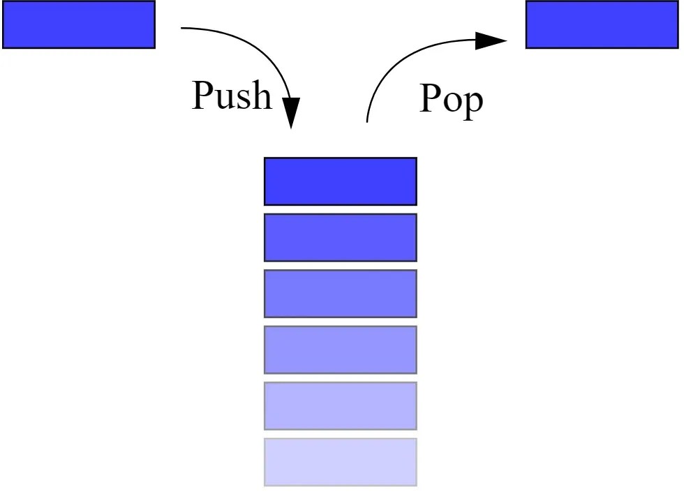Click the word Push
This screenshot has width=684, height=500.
[232, 96]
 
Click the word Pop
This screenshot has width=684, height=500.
[450, 99]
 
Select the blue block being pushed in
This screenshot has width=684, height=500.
[79, 24]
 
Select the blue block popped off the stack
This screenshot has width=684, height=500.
[602, 24]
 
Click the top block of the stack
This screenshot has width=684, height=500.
[340, 181]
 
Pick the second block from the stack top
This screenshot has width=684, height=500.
[340, 237]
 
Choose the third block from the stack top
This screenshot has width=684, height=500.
[340, 294]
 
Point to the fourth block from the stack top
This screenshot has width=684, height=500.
[340, 349]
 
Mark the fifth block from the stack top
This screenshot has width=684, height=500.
[340, 405]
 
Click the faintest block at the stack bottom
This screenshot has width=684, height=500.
[340, 462]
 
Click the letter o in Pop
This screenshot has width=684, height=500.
[450, 101]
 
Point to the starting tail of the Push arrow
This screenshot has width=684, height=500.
[184, 29]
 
